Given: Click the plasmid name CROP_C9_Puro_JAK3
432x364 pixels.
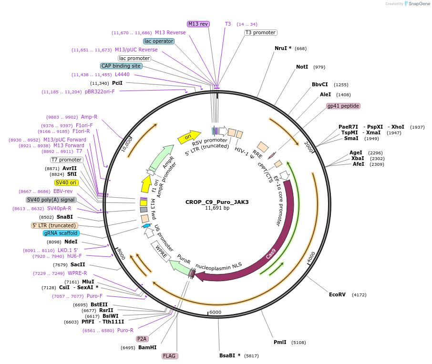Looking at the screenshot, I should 217,202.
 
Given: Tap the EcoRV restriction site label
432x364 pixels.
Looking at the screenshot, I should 337,294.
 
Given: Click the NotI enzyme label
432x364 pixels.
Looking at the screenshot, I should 302,67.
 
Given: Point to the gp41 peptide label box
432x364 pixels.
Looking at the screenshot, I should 343,106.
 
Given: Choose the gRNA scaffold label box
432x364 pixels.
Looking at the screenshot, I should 61,233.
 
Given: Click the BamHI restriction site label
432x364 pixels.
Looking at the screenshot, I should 147,347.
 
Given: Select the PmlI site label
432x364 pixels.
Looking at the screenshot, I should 280,342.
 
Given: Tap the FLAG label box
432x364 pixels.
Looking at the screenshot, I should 170,356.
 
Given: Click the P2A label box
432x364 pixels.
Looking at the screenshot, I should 142,339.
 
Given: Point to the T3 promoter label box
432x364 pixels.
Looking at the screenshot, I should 260,33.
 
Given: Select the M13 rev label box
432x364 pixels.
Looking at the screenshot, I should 198,23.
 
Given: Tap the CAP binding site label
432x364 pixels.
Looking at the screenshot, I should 121,66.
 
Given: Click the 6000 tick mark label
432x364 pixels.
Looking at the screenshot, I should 216,312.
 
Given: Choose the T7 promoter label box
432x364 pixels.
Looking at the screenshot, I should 67,160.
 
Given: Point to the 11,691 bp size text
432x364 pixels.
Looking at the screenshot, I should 217,208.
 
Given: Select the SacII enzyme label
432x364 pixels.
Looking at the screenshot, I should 78,264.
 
